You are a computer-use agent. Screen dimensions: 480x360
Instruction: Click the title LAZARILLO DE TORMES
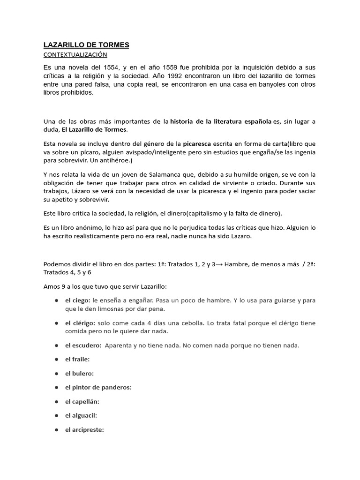pos(86,45)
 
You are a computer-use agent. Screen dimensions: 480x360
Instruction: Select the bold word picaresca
pos(197,143)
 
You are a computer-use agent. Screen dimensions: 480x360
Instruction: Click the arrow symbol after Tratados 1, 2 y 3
pos(219,264)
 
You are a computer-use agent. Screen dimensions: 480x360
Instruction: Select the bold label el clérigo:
pos(80,323)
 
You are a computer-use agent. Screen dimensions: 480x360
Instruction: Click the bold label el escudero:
pos(83,345)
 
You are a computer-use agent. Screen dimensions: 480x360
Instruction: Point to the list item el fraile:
pos(77,360)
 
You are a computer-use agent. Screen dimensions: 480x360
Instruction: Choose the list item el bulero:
pos(80,374)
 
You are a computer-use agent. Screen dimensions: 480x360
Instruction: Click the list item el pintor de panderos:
pos(98,388)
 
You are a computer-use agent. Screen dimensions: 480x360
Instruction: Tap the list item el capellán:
pos(82,402)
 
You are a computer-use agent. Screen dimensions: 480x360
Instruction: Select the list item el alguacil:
pos(81,415)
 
